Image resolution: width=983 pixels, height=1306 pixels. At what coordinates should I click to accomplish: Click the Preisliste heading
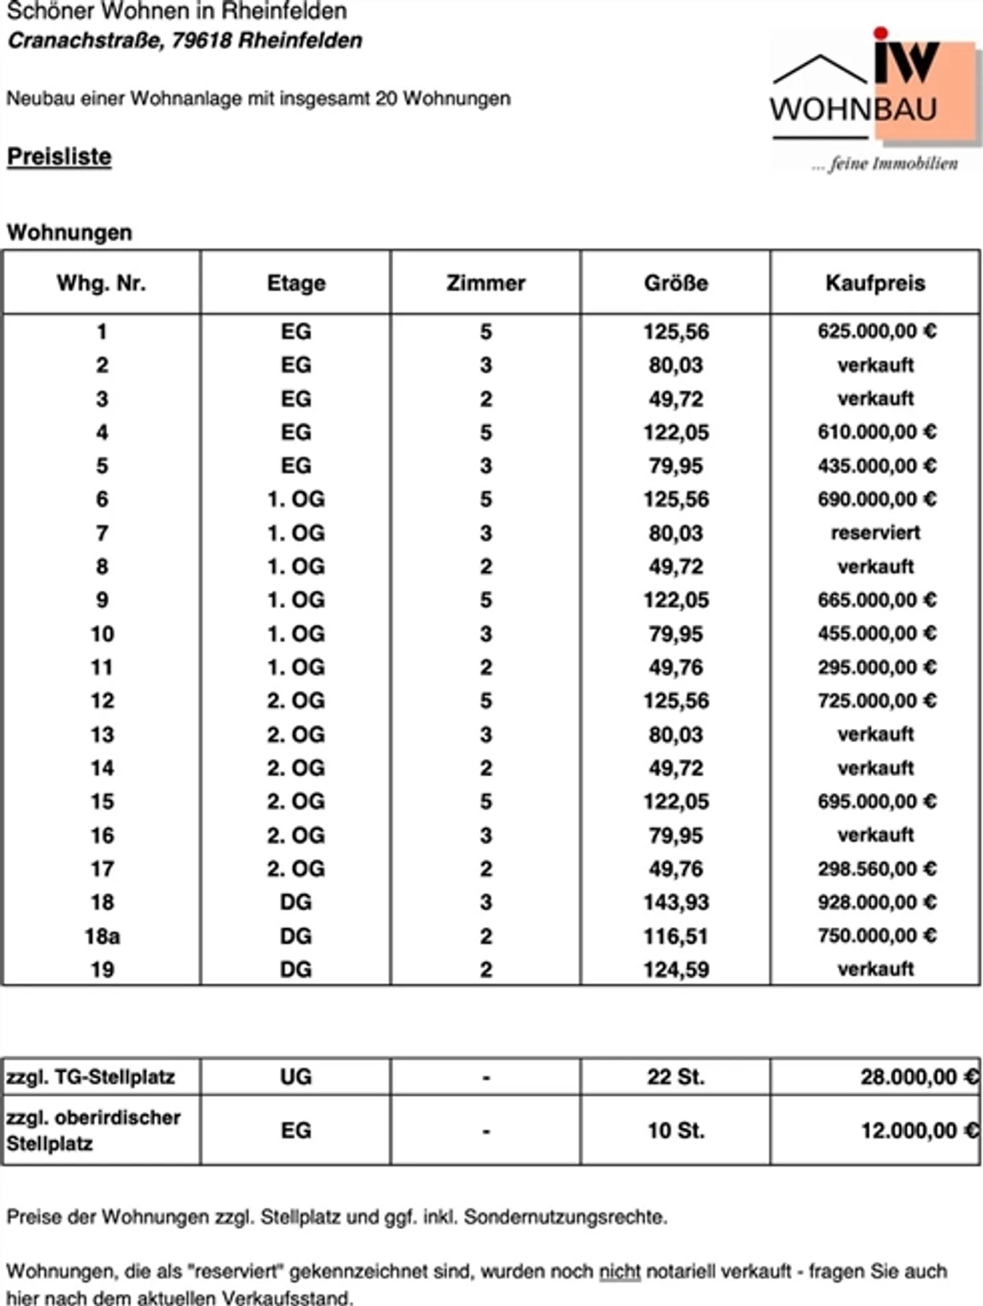point(59,156)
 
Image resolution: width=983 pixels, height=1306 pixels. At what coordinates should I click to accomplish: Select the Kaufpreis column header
point(875,283)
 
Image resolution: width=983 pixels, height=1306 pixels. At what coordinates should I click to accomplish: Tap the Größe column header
point(676,283)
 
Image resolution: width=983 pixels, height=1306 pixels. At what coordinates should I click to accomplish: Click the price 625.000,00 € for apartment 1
point(877,331)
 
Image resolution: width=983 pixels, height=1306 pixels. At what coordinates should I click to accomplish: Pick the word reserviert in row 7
point(875,533)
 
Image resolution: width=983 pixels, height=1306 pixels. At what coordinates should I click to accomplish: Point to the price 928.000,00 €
point(877,902)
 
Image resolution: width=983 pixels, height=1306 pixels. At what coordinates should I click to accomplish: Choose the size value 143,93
point(676,902)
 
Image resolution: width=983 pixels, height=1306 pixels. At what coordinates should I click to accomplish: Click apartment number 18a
point(102,936)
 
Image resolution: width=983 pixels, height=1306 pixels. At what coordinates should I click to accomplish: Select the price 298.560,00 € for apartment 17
point(877,869)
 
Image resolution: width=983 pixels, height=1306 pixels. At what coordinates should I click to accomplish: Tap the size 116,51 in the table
point(676,936)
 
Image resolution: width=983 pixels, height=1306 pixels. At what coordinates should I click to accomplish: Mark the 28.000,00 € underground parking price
point(919,1077)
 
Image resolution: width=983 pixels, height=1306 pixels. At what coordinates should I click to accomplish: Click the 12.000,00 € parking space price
point(919,1130)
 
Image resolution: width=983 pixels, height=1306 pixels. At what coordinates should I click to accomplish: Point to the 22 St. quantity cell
point(676,1077)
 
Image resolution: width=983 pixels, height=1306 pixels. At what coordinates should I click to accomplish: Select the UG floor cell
point(296,1077)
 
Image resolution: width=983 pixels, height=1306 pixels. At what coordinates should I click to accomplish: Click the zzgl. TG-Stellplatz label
point(91,1077)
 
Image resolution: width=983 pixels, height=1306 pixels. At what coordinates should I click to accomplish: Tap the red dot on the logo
point(881,33)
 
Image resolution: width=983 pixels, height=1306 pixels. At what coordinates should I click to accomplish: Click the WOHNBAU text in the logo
point(853,109)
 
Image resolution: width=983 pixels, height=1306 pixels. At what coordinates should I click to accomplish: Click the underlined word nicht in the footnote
point(620,1271)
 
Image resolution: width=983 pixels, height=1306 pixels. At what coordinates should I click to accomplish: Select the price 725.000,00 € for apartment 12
point(877,701)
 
